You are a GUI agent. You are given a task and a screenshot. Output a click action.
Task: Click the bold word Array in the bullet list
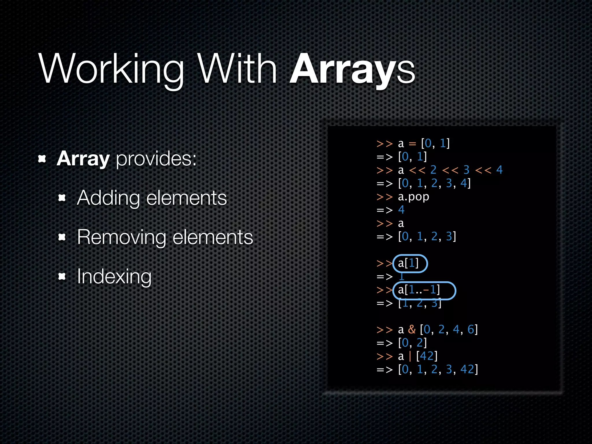[83, 159]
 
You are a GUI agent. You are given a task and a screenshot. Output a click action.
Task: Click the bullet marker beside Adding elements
[62, 198]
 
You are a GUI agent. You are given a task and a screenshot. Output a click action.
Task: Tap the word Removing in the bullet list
[121, 237]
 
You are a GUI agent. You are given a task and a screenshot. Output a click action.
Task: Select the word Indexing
[114, 277]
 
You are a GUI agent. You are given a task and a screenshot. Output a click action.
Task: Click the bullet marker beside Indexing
[62, 277]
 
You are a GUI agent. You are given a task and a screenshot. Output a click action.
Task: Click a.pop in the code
[413, 197]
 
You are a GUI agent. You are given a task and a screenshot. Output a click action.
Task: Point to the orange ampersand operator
[412, 330]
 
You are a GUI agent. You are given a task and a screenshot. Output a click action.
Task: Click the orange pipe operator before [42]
[410, 356]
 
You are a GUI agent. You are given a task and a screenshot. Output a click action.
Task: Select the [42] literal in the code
[427, 356]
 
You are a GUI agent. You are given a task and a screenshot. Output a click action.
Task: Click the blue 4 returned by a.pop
[401, 210]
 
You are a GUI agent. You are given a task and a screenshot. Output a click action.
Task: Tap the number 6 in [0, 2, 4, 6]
[471, 330]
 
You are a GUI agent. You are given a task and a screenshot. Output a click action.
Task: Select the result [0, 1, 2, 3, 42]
[438, 369]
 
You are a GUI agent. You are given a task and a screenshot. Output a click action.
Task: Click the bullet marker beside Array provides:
[42, 159]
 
